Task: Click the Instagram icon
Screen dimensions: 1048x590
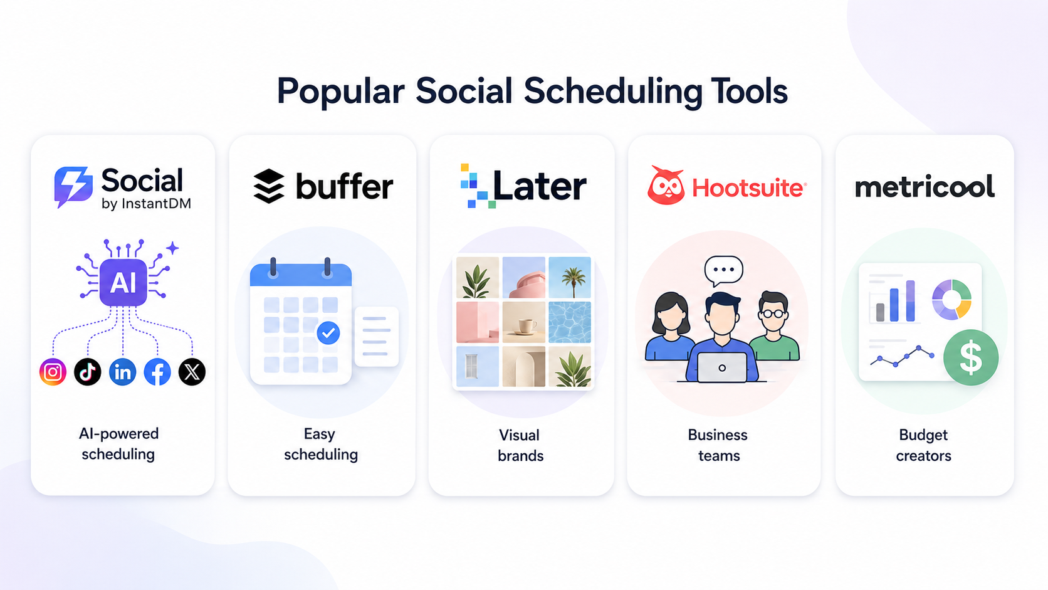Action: (53, 372)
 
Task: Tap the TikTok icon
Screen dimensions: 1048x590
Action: (88, 372)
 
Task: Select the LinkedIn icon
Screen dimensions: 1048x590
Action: (123, 372)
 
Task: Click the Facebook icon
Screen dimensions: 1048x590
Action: (157, 372)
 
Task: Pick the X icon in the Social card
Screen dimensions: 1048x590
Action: (192, 372)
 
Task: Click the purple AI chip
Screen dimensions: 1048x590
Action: (123, 282)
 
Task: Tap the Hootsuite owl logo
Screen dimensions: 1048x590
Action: (666, 186)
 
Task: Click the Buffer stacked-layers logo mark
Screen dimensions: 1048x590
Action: (268, 186)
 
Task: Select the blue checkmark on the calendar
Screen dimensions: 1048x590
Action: (328, 333)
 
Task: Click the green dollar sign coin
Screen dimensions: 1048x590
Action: (971, 357)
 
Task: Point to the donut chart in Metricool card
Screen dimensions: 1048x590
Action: (951, 300)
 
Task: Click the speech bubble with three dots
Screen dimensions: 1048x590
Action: (723, 271)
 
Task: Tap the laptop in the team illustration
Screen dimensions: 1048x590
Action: (722, 368)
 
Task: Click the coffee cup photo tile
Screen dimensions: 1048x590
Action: (524, 322)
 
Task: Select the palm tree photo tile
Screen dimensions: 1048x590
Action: (570, 278)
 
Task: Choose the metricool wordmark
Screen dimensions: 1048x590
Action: (925, 186)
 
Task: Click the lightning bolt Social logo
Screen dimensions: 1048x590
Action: (73, 187)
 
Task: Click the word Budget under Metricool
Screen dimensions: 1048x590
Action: (923, 436)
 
